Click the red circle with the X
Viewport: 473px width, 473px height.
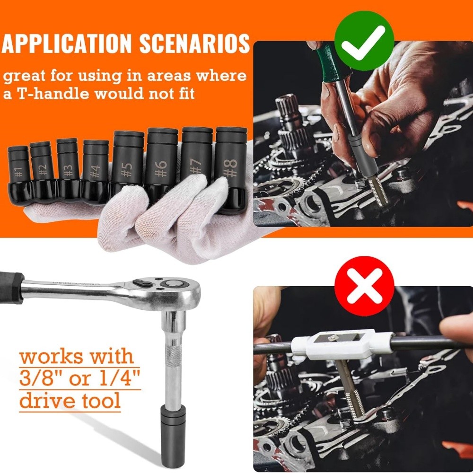364,286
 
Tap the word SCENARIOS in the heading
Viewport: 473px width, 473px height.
194,44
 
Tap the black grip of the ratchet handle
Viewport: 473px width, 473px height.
10,287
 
